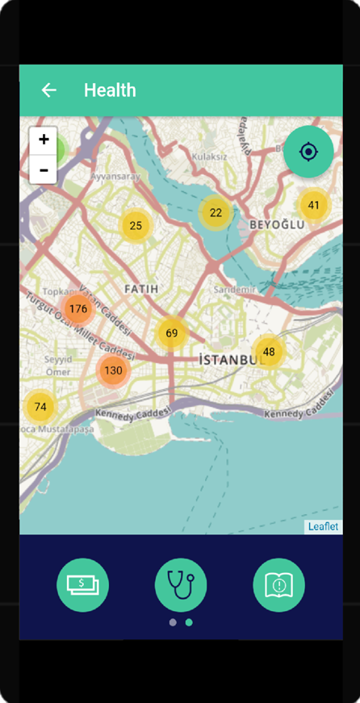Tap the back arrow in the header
49,90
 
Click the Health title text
110,90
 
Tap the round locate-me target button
308,152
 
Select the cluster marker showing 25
136,226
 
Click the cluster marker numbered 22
216,213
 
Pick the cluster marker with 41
314,205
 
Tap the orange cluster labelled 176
78,309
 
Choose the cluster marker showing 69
172,333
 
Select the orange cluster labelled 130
113,370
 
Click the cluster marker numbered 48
269,352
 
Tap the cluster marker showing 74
40,407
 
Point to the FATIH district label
141,288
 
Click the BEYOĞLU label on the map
277,224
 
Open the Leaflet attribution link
323,527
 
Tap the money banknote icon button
82,584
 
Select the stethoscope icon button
181,584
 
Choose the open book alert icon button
278,584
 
